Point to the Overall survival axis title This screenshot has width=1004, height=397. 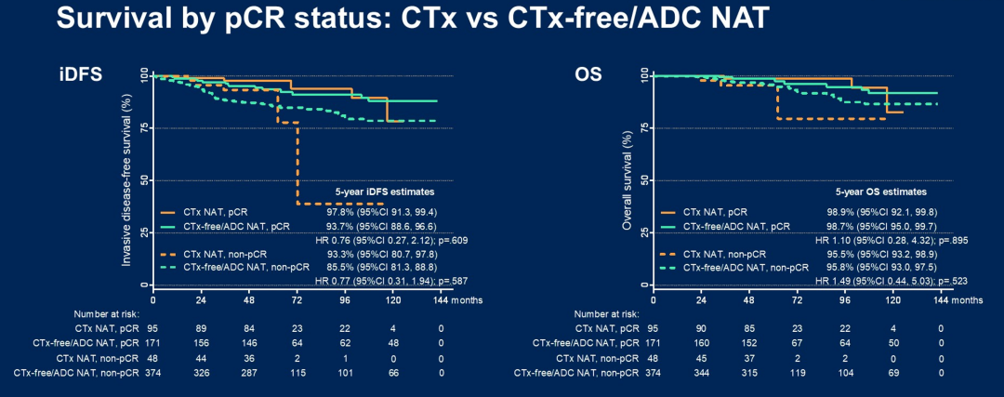point(629,179)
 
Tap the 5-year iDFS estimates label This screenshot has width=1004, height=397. point(385,192)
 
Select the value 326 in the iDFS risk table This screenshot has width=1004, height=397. point(202,373)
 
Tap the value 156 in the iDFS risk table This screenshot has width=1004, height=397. point(202,343)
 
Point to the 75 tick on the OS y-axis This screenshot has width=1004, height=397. point(642,128)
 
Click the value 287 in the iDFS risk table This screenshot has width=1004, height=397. point(249,373)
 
